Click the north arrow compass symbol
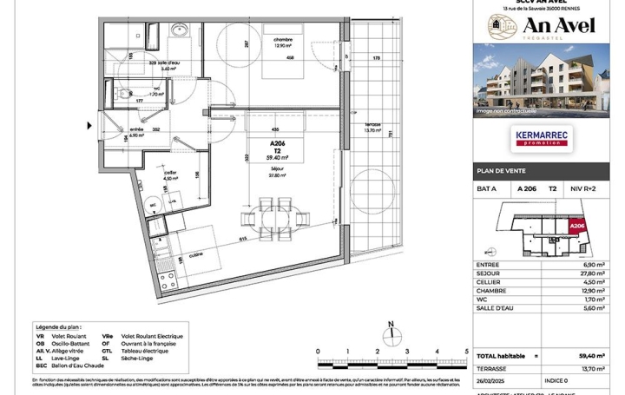pyautogui.click(x=391, y=334)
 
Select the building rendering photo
pyautogui.click(x=542, y=80)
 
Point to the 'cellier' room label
pyautogui.click(x=172, y=173)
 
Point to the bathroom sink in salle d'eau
pyautogui.click(x=184, y=30)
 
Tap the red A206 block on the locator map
pyautogui.click(x=576, y=227)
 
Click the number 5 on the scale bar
pyautogui.click(x=467, y=352)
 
